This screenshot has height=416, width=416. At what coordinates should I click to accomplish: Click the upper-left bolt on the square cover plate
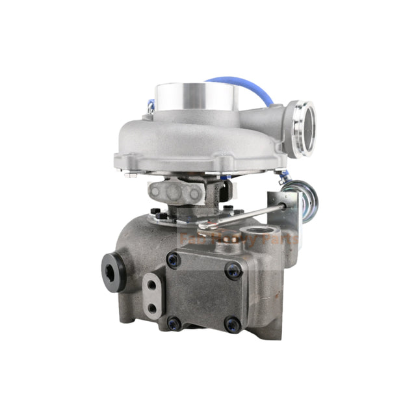[174, 260]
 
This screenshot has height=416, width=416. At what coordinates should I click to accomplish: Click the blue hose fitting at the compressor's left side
[151, 104]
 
